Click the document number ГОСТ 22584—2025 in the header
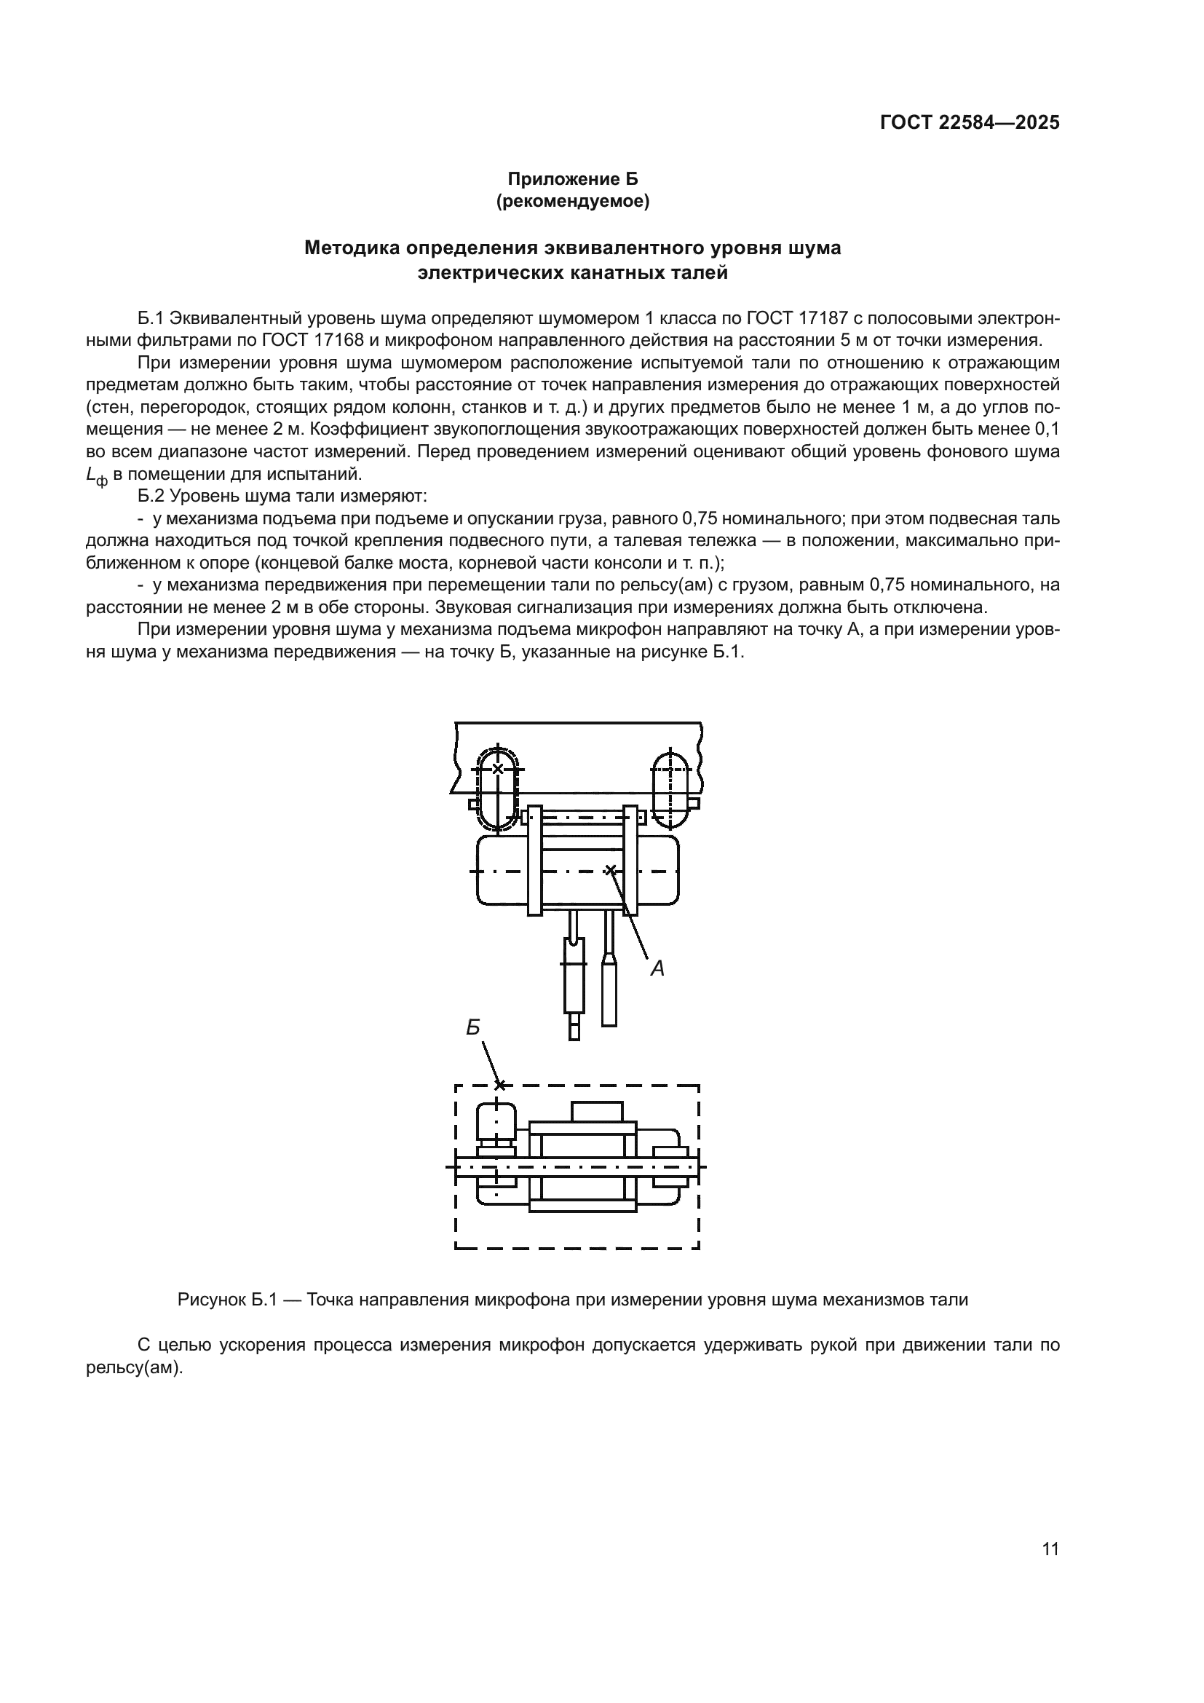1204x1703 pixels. pyautogui.click(x=969, y=123)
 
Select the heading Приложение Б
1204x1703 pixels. pyautogui.click(x=572, y=179)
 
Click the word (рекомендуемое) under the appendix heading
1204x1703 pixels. pyautogui.click(x=572, y=202)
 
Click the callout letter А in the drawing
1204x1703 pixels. pyautogui.click(x=657, y=968)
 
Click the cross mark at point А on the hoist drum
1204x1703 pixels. pyautogui.click(x=610, y=870)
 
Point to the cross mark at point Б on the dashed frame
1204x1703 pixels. pyautogui.click(x=499, y=1085)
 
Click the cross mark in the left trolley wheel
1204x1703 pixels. pyautogui.click(x=497, y=769)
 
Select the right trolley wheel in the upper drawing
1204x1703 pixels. pyautogui.click(x=670, y=790)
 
